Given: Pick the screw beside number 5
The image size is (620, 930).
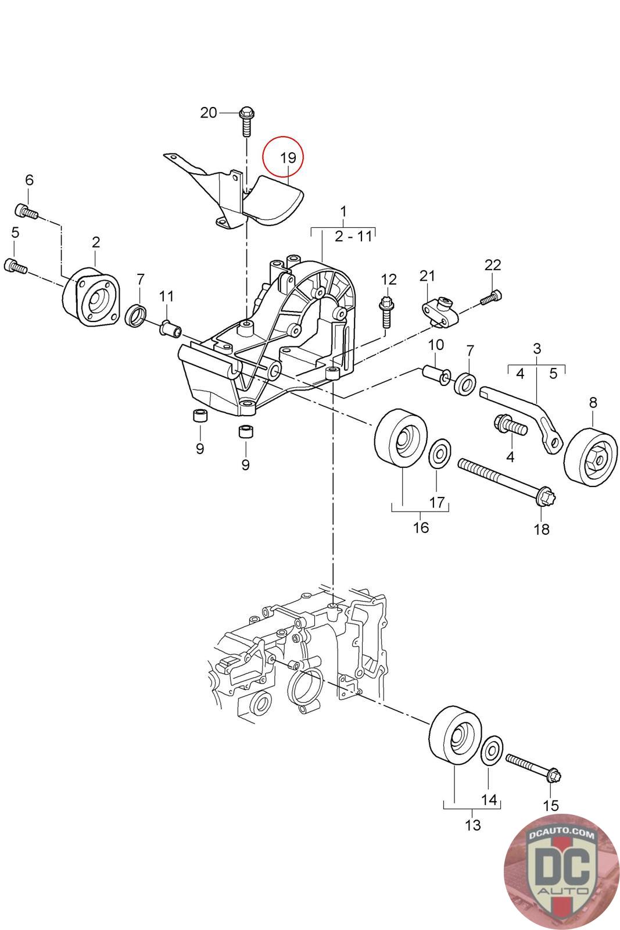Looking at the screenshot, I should [16, 267].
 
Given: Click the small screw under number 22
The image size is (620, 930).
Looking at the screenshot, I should [490, 298].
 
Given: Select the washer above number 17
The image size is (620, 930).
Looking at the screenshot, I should [440, 453].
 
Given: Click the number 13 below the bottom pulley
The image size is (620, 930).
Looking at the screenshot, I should [473, 824].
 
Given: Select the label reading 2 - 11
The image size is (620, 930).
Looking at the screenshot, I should [353, 237].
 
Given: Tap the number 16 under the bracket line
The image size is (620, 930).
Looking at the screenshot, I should [421, 527].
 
